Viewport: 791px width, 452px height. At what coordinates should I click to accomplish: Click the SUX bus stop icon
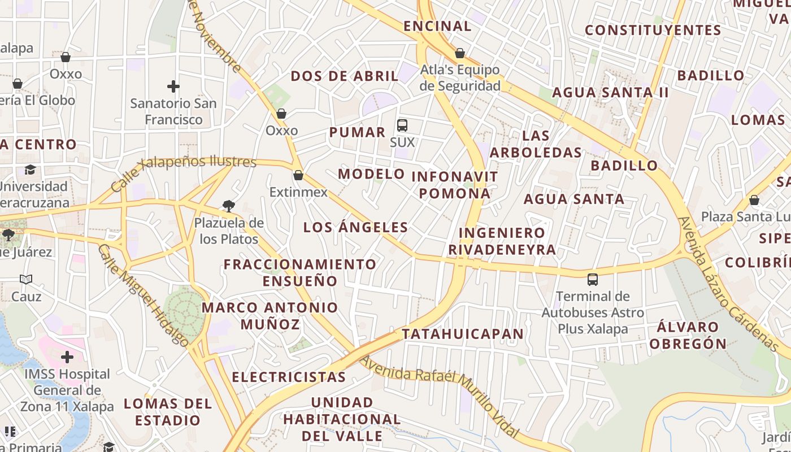[402, 125]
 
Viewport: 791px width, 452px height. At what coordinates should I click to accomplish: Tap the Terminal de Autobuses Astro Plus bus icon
[593, 279]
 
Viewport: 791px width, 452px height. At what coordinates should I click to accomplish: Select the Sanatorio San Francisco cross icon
[173, 86]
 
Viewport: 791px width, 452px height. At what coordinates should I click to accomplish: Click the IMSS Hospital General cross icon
[67, 357]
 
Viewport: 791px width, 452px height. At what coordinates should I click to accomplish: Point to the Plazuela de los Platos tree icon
[229, 206]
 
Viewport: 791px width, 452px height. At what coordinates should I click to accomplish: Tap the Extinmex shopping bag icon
[298, 175]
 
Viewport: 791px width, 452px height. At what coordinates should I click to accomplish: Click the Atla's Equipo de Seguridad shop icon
[460, 53]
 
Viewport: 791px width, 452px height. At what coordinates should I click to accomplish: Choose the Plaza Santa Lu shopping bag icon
[754, 200]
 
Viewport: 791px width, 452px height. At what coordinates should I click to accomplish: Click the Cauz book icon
[26, 279]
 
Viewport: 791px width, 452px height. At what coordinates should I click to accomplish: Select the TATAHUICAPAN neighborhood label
[463, 334]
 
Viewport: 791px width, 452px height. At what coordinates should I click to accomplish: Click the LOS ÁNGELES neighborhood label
[356, 228]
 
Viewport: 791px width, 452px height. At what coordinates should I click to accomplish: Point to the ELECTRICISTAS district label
[289, 377]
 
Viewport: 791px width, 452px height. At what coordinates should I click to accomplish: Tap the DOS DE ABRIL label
[345, 76]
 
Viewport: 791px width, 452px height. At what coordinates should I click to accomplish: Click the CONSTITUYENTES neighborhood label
[653, 30]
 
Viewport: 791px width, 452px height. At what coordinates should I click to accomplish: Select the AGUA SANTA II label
[610, 92]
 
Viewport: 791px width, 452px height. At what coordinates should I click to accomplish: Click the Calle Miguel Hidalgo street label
[144, 295]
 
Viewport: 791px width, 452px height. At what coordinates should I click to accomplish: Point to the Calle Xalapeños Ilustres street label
[184, 169]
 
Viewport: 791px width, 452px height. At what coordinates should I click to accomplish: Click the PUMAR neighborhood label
[357, 132]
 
